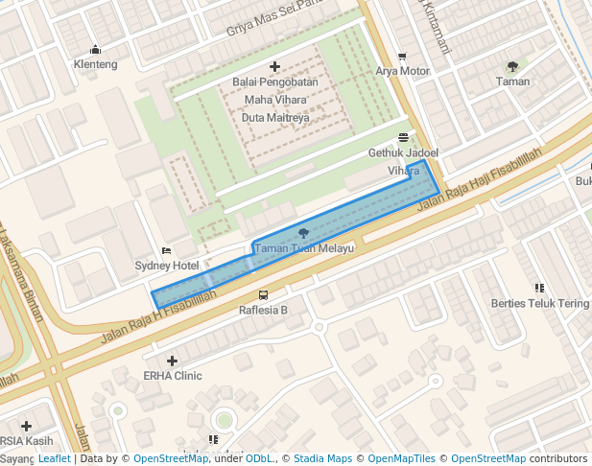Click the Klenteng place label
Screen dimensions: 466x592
(x=95, y=64)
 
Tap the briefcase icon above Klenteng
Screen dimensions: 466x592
(x=95, y=50)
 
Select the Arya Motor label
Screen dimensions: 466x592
(x=402, y=71)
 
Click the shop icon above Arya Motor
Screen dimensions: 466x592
(x=402, y=57)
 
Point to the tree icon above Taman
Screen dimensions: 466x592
(x=512, y=67)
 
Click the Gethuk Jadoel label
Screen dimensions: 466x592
(x=403, y=152)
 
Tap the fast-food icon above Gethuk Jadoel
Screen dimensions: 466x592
(x=403, y=138)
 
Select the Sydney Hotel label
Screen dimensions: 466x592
(x=167, y=266)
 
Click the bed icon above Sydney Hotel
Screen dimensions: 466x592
(x=167, y=251)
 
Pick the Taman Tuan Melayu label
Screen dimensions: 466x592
(x=304, y=247)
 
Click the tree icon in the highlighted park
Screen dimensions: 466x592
(x=304, y=233)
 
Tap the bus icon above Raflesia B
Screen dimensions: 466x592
(x=263, y=295)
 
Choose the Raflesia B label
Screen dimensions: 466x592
(x=263, y=310)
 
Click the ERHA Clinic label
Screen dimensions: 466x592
(x=173, y=376)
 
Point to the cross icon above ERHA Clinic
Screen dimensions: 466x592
(x=173, y=361)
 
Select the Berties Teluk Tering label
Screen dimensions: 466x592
(x=539, y=303)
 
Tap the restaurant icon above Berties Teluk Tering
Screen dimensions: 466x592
(x=539, y=288)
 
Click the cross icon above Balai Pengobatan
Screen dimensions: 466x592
(x=275, y=67)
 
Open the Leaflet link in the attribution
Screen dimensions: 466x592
(x=54, y=459)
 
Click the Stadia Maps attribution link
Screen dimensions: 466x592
(x=322, y=459)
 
